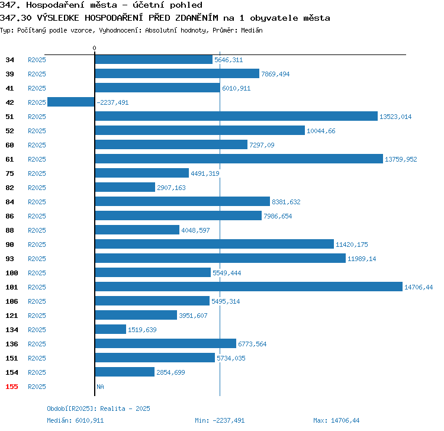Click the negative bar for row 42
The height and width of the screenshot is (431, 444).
tap(71, 102)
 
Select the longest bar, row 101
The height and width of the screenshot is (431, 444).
tap(249, 287)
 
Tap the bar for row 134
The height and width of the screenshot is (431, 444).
tap(111, 329)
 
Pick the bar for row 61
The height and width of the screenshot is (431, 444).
tap(239, 159)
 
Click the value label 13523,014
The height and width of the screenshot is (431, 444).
tap(395, 117)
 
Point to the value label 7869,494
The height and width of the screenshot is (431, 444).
tap(275, 74)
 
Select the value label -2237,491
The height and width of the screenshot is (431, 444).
tap(112, 102)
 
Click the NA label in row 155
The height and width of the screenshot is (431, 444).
tap(100, 387)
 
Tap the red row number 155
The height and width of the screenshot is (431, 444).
tap(12, 387)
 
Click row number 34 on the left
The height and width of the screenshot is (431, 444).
tap(9, 60)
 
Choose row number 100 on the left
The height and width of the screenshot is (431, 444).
tap(12, 273)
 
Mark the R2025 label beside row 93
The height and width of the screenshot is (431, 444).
tap(37, 259)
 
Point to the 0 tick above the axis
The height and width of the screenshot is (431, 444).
tap(94, 48)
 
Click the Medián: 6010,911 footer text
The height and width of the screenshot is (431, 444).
tap(75, 420)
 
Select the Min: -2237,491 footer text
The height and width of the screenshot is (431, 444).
tap(220, 420)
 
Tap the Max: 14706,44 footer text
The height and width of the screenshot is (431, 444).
tap(336, 420)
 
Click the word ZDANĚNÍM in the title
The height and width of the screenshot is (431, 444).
tap(197, 18)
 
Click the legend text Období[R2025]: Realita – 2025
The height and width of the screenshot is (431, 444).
tap(98, 409)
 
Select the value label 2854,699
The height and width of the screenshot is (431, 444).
tap(170, 372)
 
